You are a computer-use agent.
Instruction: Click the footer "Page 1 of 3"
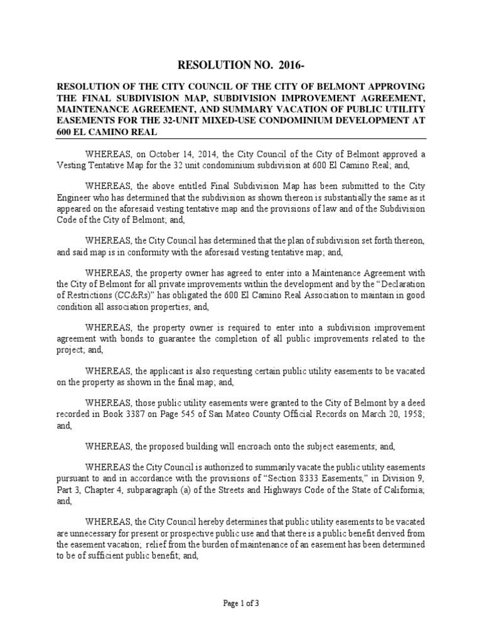tap(241, 604)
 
